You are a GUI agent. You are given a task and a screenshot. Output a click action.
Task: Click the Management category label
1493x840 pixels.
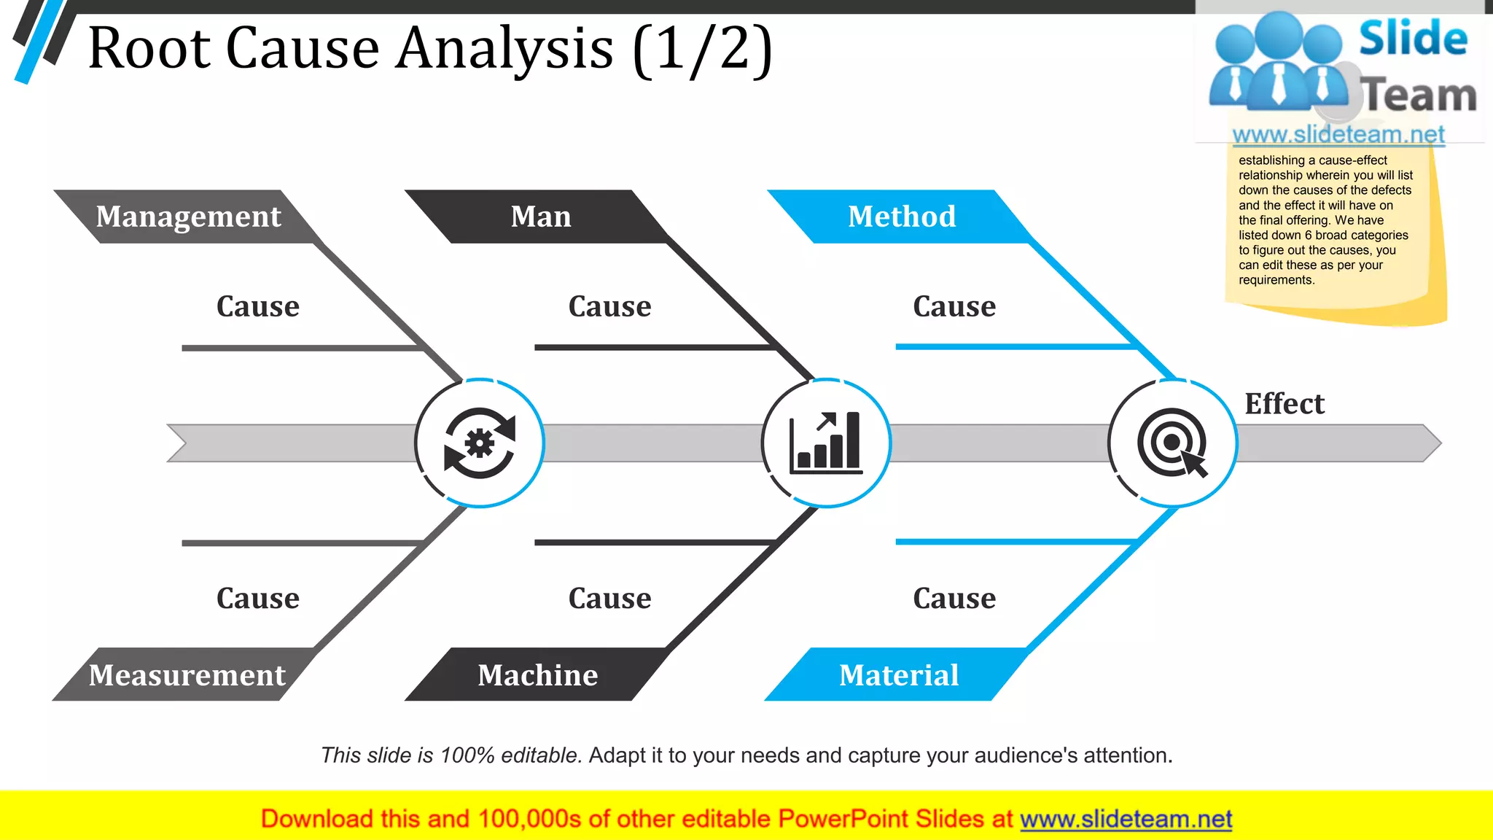click(x=188, y=217)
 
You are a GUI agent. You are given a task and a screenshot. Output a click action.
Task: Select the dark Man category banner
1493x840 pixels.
click(x=540, y=217)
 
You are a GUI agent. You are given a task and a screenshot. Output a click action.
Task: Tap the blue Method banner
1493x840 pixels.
click(x=901, y=217)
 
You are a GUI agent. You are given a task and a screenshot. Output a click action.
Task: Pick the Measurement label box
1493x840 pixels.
click(x=187, y=675)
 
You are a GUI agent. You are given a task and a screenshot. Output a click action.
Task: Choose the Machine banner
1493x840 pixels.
click(x=537, y=675)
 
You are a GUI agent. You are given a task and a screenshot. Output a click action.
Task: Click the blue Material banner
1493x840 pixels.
click(x=898, y=675)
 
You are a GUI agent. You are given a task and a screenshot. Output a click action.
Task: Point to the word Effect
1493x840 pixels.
click(x=1284, y=404)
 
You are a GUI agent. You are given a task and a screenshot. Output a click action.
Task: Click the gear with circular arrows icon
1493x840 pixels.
click(x=480, y=443)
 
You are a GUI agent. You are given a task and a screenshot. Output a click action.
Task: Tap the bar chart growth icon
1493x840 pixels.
click(x=826, y=443)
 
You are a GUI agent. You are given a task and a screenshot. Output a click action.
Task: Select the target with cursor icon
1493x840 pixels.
click(x=1172, y=443)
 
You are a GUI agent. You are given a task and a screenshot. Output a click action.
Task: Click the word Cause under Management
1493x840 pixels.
click(x=257, y=306)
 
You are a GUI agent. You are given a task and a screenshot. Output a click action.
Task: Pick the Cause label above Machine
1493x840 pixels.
click(x=609, y=599)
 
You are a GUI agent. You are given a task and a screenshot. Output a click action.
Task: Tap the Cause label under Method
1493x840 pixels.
click(x=954, y=306)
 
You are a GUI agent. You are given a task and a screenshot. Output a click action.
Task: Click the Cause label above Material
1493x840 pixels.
click(x=954, y=599)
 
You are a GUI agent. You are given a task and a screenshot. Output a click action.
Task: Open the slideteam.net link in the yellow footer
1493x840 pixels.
click(x=1126, y=820)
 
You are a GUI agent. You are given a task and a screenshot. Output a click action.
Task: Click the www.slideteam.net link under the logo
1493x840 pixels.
click(x=1338, y=135)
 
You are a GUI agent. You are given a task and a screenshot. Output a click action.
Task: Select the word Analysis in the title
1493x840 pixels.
click(x=504, y=48)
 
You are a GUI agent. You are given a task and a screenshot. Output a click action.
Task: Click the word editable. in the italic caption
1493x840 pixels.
click(x=541, y=755)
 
